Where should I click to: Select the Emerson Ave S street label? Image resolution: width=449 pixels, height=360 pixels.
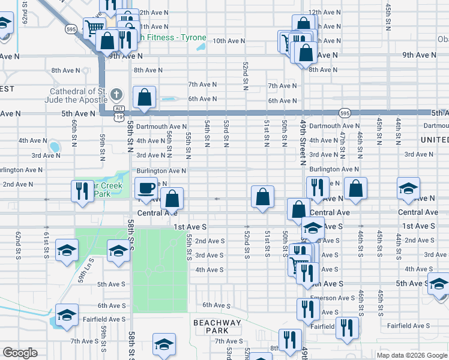(x=332, y=298)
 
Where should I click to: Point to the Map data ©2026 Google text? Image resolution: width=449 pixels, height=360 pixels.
(x=411, y=355)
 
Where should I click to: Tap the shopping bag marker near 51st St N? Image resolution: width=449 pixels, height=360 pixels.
(x=262, y=197)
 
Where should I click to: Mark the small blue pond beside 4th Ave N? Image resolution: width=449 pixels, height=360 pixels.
(x=54, y=146)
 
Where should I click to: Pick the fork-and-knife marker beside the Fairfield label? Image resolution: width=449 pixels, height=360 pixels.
(x=347, y=328)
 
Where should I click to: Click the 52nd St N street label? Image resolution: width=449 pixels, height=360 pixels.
(x=246, y=76)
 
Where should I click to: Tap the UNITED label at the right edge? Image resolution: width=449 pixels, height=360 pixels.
(x=434, y=140)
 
